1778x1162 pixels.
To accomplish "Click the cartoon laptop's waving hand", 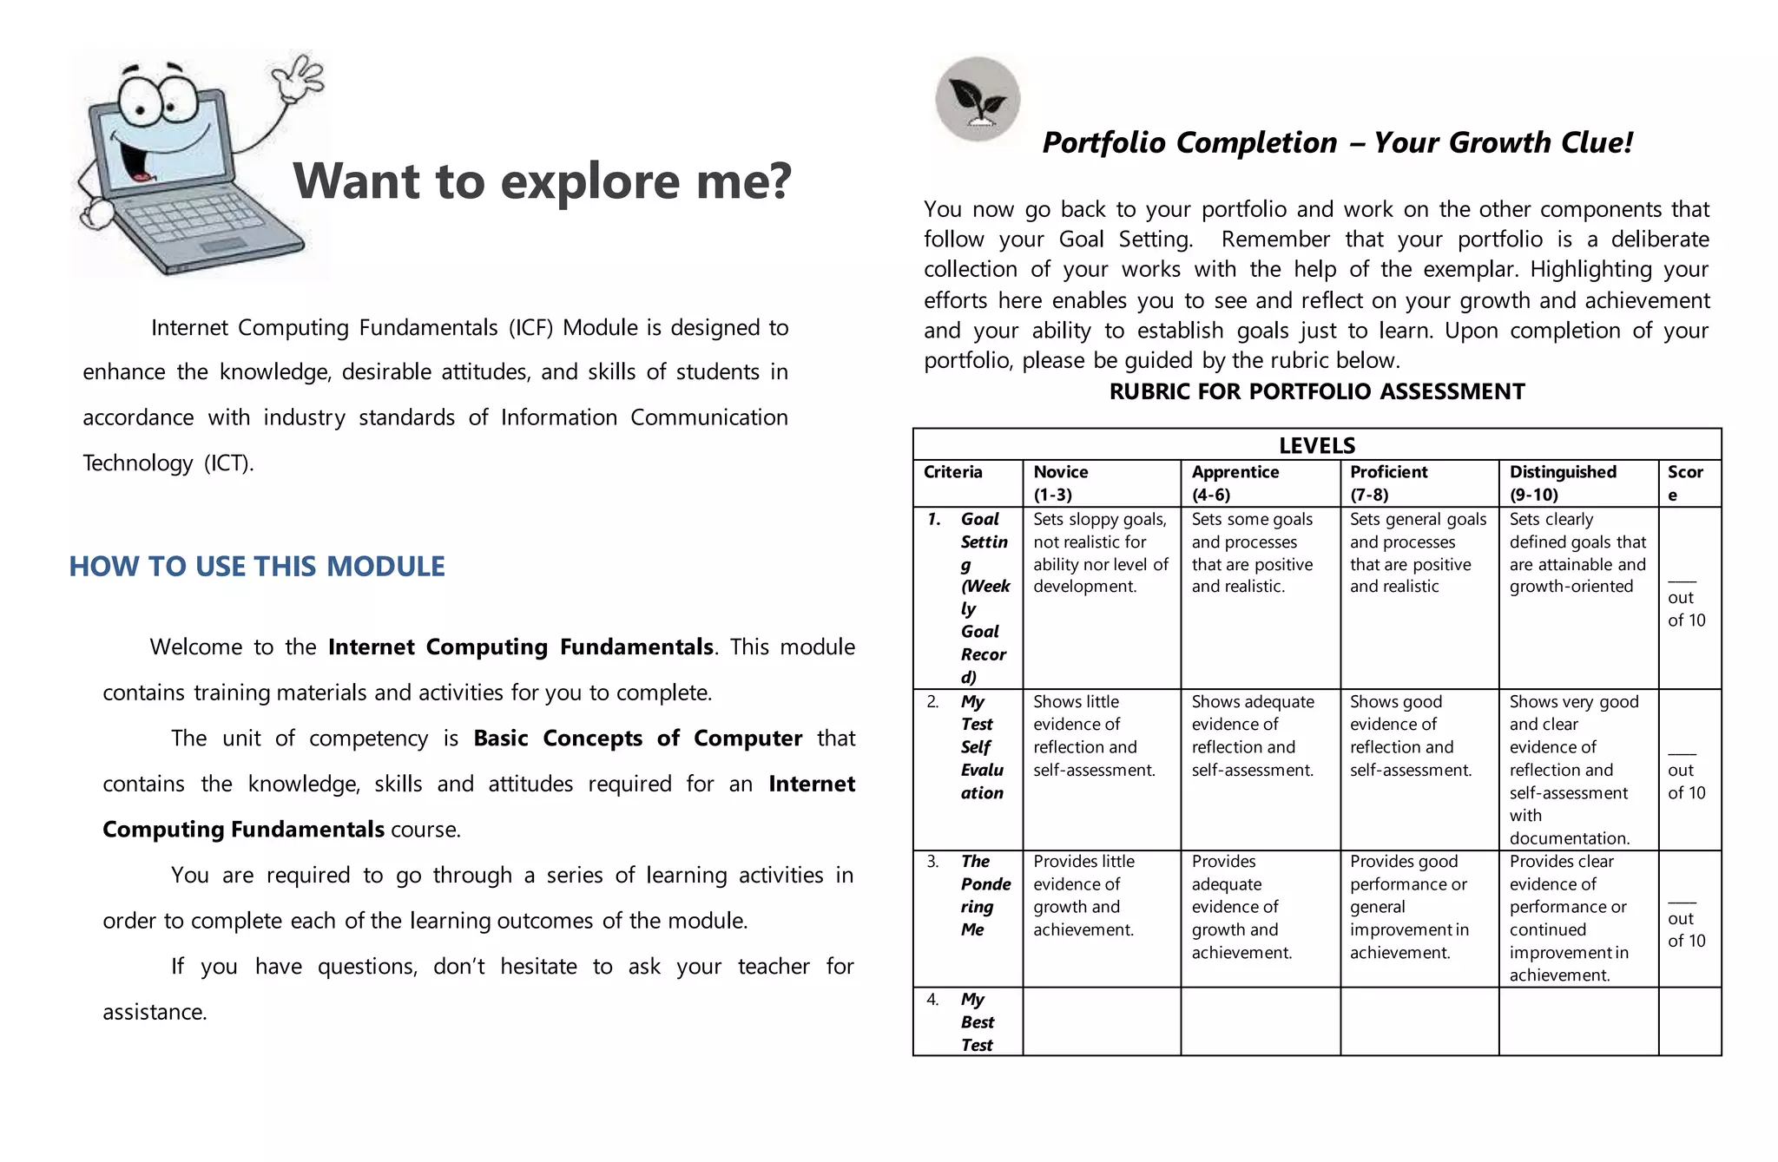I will (298, 78).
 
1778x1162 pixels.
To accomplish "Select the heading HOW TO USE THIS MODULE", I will (257, 567).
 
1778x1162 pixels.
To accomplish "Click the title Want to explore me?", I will (542, 181).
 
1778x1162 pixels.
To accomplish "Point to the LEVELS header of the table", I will (1316, 445).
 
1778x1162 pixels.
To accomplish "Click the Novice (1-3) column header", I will (1060, 483).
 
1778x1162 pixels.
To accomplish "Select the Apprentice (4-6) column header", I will (1235, 483).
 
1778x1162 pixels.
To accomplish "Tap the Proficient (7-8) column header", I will (1388, 483).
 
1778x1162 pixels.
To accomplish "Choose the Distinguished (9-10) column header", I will (1562, 483).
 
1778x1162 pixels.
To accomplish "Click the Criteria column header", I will (952, 472).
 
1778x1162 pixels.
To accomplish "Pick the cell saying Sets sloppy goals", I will (1100, 553).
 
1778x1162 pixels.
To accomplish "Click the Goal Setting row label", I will (983, 598).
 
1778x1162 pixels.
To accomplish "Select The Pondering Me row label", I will (983, 895).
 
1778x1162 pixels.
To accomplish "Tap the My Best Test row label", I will (976, 1022).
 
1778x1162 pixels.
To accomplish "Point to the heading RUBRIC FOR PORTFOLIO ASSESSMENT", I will (1316, 392).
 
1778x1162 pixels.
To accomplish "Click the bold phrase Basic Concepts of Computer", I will (637, 739).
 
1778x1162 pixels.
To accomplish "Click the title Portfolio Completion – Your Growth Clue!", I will (1337, 143).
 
